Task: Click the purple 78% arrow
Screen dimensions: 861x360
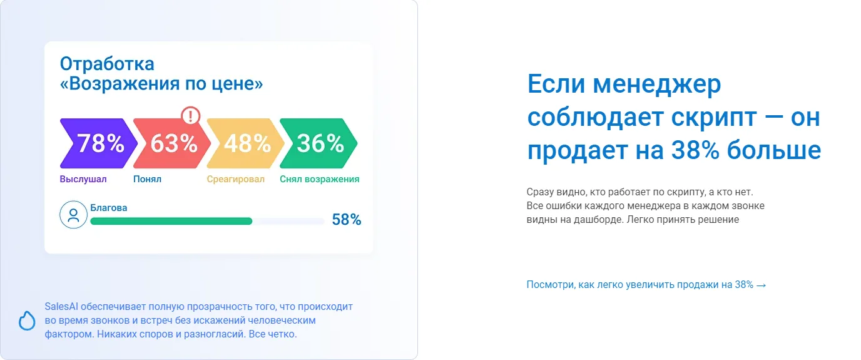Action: pyautogui.click(x=98, y=143)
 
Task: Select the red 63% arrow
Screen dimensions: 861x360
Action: pyautogui.click(x=172, y=143)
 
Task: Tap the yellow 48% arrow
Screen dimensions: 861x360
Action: pyautogui.click(x=245, y=143)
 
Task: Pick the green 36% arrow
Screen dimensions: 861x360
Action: pyautogui.click(x=318, y=143)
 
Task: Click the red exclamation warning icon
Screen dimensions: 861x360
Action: pyautogui.click(x=191, y=115)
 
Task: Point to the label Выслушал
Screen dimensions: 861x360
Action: pyautogui.click(x=83, y=179)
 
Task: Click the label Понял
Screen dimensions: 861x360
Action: pyautogui.click(x=147, y=179)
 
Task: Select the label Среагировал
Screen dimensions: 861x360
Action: pyautogui.click(x=236, y=179)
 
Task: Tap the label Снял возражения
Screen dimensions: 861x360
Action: pyautogui.click(x=319, y=179)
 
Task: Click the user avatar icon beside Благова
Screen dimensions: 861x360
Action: pyautogui.click(x=73, y=215)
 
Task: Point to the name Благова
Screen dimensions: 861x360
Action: pyautogui.click(x=108, y=208)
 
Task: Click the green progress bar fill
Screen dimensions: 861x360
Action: pyautogui.click(x=171, y=221)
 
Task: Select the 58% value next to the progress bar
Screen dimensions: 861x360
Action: pyautogui.click(x=346, y=220)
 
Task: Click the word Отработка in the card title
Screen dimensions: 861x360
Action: pyautogui.click(x=107, y=64)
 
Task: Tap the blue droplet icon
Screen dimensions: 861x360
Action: pyautogui.click(x=27, y=321)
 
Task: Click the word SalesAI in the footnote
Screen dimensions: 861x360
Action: pyautogui.click(x=61, y=307)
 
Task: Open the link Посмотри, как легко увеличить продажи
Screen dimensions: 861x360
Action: pyautogui.click(x=639, y=285)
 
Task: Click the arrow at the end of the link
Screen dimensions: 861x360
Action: pyautogui.click(x=761, y=285)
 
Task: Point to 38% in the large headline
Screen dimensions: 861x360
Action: pyautogui.click(x=695, y=150)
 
